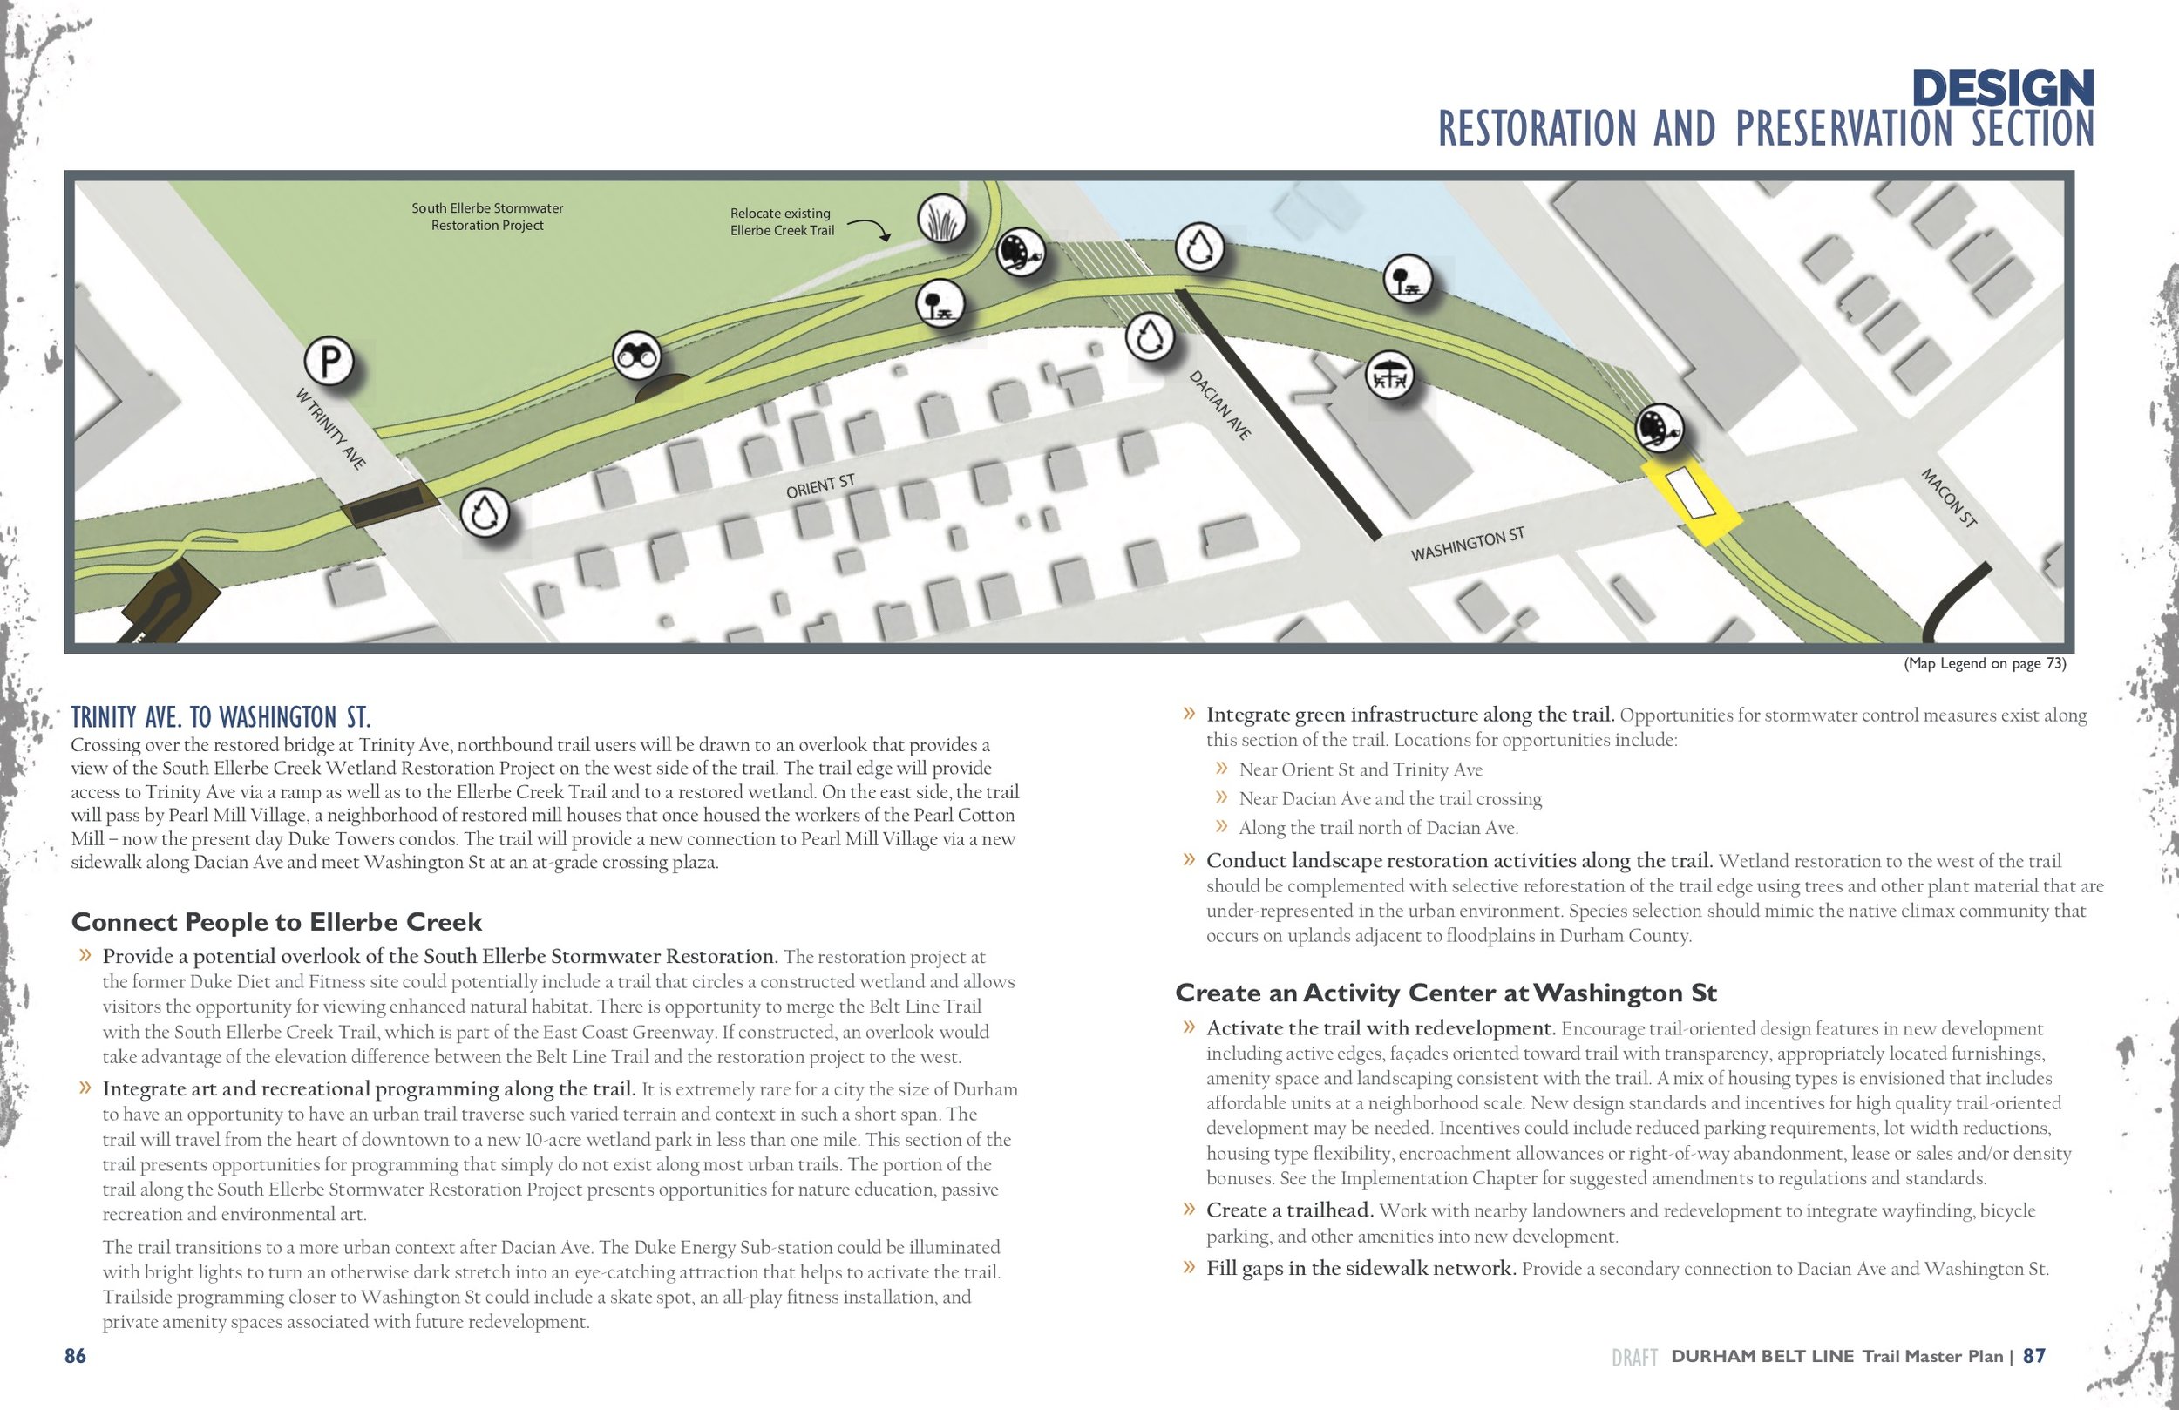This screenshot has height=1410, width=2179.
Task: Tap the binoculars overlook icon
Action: [636, 356]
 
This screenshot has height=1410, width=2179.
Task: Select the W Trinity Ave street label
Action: [330, 428]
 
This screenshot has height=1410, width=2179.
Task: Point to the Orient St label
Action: [819, 486]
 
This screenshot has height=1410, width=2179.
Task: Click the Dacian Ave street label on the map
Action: [1219, 404]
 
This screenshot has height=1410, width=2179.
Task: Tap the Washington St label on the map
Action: [1467, 544]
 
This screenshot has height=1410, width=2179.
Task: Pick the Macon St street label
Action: [1948, 498]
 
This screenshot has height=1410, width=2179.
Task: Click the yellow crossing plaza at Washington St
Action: [1689, 501]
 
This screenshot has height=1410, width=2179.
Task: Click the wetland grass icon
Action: [942, 219]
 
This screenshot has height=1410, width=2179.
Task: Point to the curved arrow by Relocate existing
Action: [869, 228]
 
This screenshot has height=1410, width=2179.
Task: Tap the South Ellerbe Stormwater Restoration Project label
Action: [487, 217]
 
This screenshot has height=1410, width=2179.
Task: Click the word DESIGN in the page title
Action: [2002, 89]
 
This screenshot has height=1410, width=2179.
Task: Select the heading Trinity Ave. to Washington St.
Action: [221, 717]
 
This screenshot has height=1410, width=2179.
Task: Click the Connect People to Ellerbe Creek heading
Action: [276, 922]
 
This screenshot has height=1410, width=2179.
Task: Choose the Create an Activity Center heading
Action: [1446, 993]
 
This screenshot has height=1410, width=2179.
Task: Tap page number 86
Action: [75, 1356]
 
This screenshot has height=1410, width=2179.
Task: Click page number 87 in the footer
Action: [2033, 1356]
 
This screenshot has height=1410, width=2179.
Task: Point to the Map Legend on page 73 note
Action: [1984, 663]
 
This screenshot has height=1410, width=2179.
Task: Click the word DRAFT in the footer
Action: [1634, 1358]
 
